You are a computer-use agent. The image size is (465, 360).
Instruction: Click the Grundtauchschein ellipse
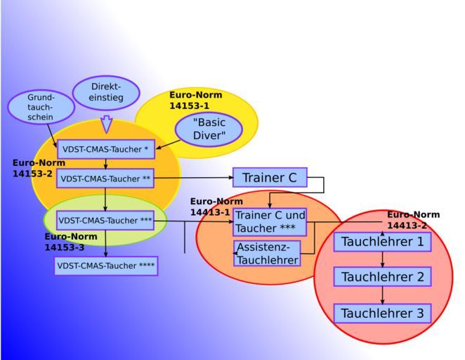pos(41,107)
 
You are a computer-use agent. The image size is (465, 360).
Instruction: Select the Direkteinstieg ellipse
pos(106,92)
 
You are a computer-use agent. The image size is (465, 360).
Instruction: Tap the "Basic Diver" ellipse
pos(209,129)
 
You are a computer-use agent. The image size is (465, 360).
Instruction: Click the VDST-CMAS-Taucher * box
pos(105,149)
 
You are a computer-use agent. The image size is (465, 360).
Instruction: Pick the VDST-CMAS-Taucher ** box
pos(105,179)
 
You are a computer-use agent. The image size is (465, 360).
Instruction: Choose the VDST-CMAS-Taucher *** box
pos(105,220)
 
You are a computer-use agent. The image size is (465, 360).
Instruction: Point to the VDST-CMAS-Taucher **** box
pos(106,266)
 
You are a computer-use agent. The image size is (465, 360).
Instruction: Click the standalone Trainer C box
pos(270,178)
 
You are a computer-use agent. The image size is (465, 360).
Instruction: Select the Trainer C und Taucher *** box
pos(270,221)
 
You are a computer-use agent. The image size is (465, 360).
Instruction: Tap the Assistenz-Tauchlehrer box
pos(267,253)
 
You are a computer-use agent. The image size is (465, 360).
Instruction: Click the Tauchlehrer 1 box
pos(382,242)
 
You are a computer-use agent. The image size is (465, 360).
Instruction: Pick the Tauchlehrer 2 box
pos(382,277)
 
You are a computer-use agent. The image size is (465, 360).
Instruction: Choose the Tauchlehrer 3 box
pos(382,313)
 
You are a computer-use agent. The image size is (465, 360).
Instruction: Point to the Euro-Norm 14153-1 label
pos(195,100)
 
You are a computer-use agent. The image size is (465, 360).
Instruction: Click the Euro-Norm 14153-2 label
pos(39,167)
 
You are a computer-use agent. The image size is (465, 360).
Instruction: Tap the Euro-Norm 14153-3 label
pos(71,242)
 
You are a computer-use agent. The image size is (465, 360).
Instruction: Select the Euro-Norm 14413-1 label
pos(216,206)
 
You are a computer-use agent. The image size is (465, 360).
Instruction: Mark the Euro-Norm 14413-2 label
pos(413,219)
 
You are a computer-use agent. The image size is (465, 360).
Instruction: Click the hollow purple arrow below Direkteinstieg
pos(107,124)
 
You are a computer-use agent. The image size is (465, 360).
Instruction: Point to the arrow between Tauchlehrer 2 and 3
pos(382,295)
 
